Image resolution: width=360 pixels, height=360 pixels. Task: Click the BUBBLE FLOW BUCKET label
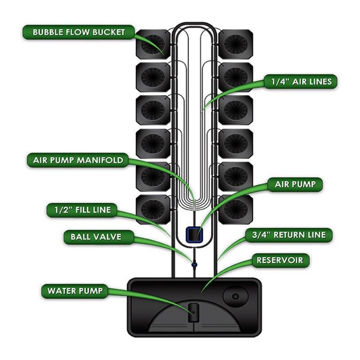pyautogui.click(x=79, y=32)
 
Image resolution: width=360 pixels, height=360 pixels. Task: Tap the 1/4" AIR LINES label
pyautogui.click(x=301, y=81)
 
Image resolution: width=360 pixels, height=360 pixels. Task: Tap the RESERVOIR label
pyautogui.click(x=279, y=260)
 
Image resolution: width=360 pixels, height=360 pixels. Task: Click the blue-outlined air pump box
pyautogui.click(x=194, y=234)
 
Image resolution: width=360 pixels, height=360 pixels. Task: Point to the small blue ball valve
pyautogui.click(x=194, y=265)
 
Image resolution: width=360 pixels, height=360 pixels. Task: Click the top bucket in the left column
pyautogui.click(x=153, y=44)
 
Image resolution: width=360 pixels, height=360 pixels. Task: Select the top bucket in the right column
pyautogui.click(x=235, y=44)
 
